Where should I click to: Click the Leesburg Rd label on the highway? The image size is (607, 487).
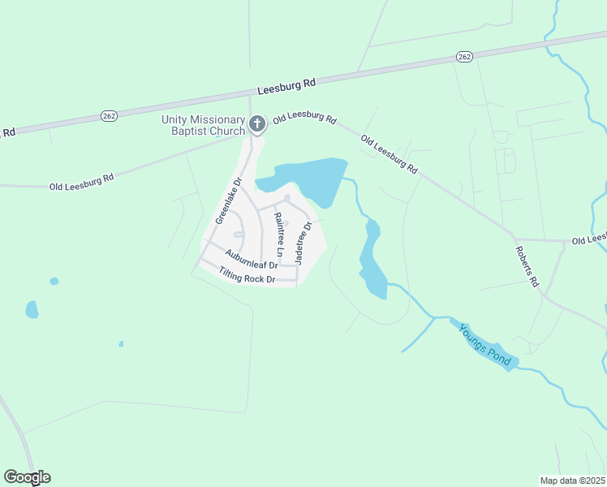(286, 85)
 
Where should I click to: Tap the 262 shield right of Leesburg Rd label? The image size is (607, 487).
(463, 56)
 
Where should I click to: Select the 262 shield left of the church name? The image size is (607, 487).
(109, 116)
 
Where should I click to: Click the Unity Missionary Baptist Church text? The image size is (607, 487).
(203, 125)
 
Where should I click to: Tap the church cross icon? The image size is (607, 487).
(256, 124)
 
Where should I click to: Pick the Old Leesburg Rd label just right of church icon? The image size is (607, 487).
(304, 119)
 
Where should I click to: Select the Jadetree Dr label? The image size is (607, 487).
(303, 239)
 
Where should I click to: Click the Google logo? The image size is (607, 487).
(27, 477)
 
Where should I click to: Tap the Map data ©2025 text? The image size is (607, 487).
(572, 481)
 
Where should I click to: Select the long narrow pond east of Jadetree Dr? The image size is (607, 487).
(372, 260)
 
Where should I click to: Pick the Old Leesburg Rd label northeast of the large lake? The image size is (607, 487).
(390, 154)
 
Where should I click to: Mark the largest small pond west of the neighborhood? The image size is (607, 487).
(32, 309)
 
